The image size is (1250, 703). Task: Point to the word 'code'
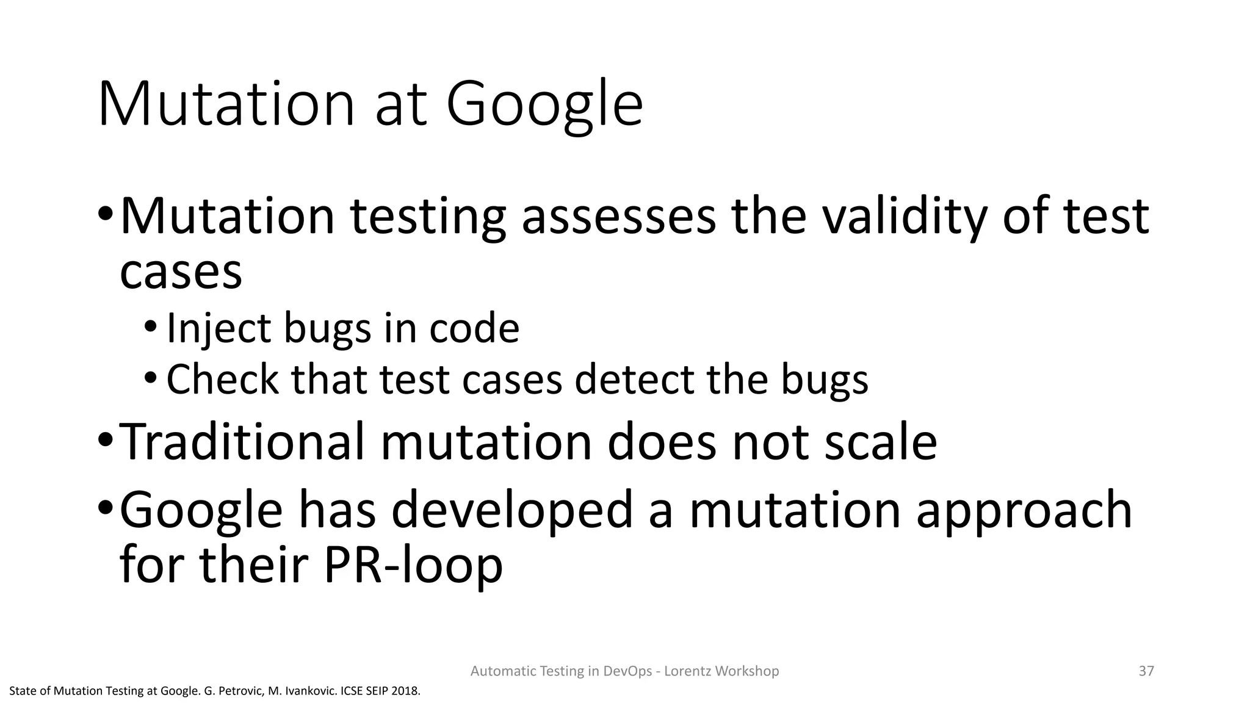pos(474,328)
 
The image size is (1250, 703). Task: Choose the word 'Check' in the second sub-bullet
pos(222,379)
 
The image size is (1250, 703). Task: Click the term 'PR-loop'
pos(413,564)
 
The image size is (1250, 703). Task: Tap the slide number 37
pos(1146,671)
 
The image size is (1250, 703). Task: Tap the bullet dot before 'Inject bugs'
pos(151,329)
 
